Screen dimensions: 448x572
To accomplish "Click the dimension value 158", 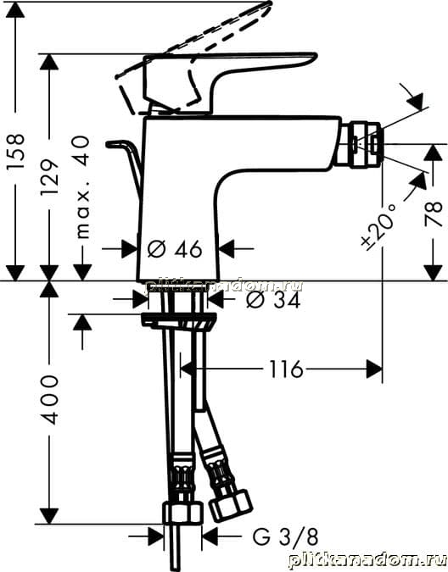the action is tap(16, 151).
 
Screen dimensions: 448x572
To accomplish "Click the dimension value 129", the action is tap(49, 177).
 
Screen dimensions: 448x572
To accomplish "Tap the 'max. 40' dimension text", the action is tap(82, 187).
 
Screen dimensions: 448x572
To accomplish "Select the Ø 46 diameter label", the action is tap(175, 249).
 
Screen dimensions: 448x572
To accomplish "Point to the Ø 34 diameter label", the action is tap(273, 300).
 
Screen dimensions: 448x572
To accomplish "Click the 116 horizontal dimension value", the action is tap(286, 369).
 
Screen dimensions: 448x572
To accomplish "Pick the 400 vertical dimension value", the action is tap(49, 399).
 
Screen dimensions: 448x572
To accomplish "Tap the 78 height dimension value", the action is tap(434, 214).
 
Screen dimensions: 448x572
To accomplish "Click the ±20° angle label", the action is tap(378, 227).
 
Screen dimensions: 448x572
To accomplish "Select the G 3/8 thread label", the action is tap(286, 536).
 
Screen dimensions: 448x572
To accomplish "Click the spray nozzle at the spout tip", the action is tap(364, 144).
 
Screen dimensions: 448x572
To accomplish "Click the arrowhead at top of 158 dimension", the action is tap(15, 10).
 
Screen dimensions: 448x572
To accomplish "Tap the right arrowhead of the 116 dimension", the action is tap(374, 369).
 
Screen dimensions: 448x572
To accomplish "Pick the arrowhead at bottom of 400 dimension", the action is tap(49, 516).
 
